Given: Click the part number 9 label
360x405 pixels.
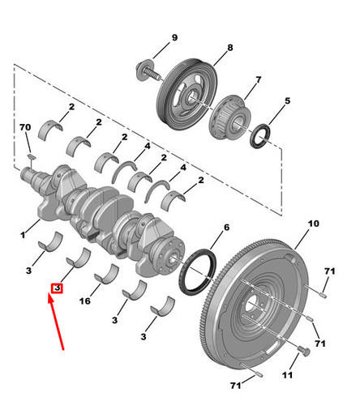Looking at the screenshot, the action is [x=174, y=37].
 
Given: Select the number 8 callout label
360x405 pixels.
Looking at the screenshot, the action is [x=230, y=48].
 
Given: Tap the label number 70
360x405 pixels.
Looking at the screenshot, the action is [x=25, y=127].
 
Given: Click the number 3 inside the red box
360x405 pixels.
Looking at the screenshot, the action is [x=57, y=288].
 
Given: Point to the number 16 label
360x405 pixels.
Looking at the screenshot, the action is [x=85, y=301].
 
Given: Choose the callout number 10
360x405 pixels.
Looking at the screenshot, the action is [x=314, y=224].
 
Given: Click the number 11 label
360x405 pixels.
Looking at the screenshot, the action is [x=287, y=375].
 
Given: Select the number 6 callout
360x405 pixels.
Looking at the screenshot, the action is [x=226, y=228].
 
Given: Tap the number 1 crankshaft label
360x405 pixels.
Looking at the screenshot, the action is [x=23, y=235].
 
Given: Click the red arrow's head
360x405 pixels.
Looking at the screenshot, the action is [x=49, y=298].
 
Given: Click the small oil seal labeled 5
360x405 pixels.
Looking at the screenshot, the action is [x=260, y=136].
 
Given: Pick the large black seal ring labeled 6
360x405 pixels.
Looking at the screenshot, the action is [x=198, y=272].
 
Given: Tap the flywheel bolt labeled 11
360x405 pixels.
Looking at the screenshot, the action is [x=304, y=352].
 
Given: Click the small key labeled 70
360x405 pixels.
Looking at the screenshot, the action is [x=32, y=156].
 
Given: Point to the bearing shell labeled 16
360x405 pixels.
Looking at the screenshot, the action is [x=107, y=275].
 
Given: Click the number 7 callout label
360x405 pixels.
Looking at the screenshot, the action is [x=259, y=80].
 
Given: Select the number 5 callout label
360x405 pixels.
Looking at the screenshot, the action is [x=288, y=100].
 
